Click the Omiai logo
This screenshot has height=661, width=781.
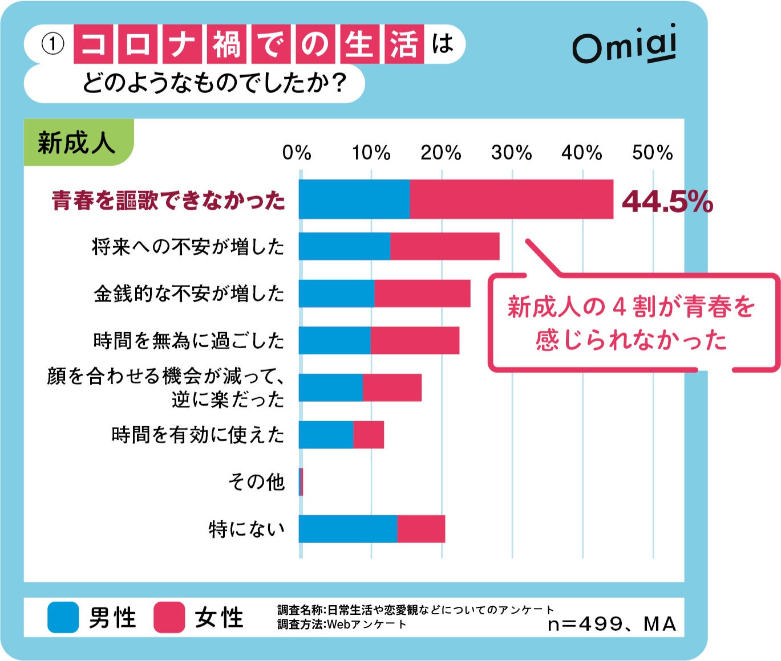click(x=625, y=45)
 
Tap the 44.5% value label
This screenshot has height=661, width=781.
click(x=667, y=201)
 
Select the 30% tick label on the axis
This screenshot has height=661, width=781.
click(x=511, y=153)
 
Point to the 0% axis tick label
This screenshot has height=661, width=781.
click(x=297, y=153)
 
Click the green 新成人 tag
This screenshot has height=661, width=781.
click(x=77, y=142)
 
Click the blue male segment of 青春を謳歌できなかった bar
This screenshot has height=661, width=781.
click(x=354, y=199)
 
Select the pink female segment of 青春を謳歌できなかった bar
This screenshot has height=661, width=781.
click(x=511, y=199)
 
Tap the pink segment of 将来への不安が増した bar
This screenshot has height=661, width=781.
click(x=445, y=246)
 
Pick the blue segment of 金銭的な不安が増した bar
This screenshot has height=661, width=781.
click(x=337, y=293)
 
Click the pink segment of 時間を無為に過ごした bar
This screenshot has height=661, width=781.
click(x=415, y=340)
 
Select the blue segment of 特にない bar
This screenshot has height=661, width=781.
click(x=348, y=529)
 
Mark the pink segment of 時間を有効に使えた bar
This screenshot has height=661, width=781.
click(x=369, y=435)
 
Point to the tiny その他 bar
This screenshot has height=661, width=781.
click(x=301, y=482)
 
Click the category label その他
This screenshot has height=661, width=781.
click(x=256, y=482)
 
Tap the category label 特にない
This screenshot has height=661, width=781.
click(x=246, y=529)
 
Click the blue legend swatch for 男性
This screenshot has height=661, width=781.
click(x=63, y=617)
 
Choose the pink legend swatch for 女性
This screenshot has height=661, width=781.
click(x=169, y=617)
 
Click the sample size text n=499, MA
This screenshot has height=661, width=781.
click(x=612, y=624)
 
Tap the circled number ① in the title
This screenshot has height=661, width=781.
click(x=53, y=44)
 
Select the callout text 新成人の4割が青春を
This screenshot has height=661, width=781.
click(x=631, y=307)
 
